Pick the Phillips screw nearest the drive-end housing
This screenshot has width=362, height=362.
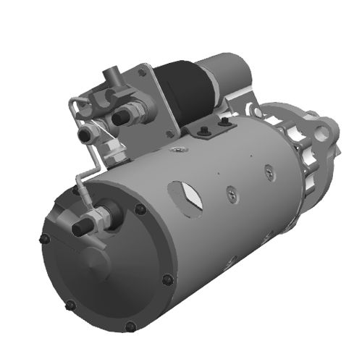pos(269,172)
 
